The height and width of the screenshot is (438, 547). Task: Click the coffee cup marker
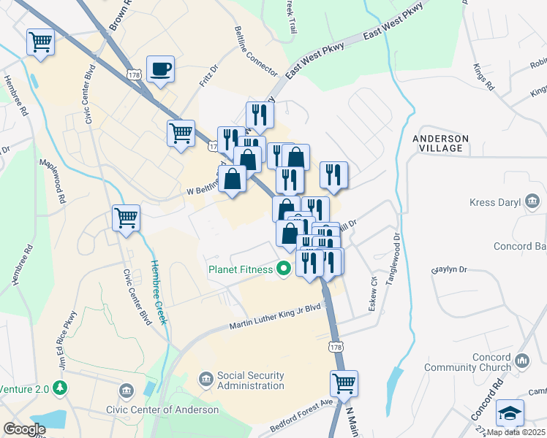click(x=160, y=70)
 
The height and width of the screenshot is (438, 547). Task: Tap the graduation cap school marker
click(x=509, y=413)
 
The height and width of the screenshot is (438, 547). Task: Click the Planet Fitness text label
click(x=241, y=269)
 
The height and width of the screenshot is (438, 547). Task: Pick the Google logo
click(x=24, y=429)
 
